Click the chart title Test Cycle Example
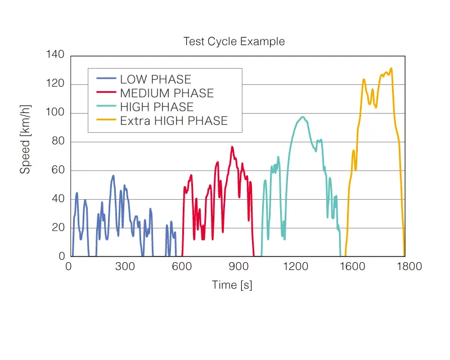pyautogui.click(x=234, y=42)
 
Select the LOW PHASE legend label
pyautogui.click(x=155, y=80)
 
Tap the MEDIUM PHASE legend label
pyautogui.click(x=166, y=93)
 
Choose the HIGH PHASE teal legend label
pyautogui.click(x=156, y=107)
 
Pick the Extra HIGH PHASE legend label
pyautogui.click(x=173, y=121)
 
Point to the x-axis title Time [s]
pyautogui.click(x=232, y=285)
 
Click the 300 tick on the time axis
pyautogui.click(x=125, y=267)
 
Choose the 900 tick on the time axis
pyautogui.click(x=238, y=267)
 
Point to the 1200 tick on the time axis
pyautogui.click(x=294, y=267)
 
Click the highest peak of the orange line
pyautogui.click(x=391, y=69)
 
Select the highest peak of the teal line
pyautogui.click(x=303, y=117)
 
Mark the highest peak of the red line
pyautogui.click(x=232, y=147)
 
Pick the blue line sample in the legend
pyautogui.click(x=106, y=80)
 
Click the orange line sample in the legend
pyautogui.click(x=106, y=121)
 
